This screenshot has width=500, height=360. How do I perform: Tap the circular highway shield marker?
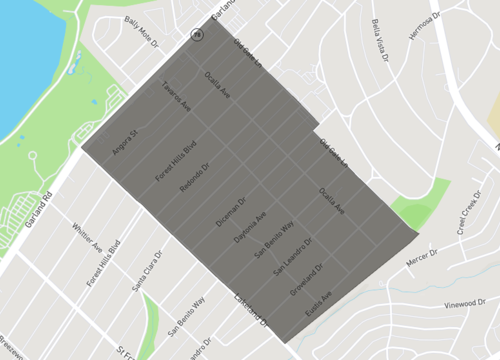(197, 34)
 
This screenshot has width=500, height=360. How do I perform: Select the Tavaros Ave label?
(177, 103)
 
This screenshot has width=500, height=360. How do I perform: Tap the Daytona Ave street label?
(249, 230)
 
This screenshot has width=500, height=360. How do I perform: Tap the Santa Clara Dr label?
(145, 271)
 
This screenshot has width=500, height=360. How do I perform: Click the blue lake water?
(25, 60)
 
